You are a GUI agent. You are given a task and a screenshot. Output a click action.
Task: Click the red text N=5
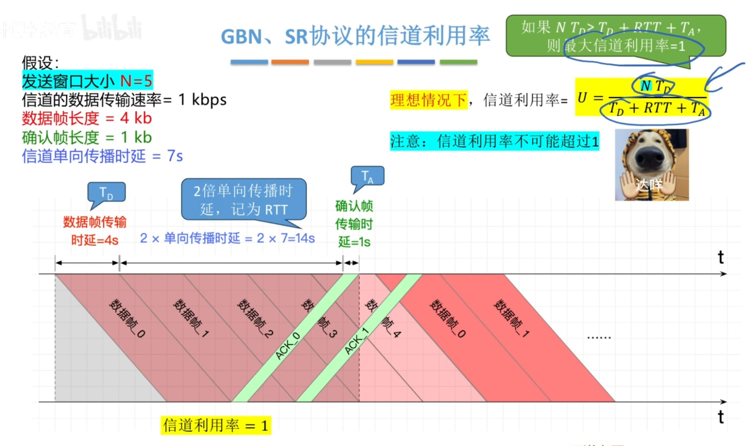136,81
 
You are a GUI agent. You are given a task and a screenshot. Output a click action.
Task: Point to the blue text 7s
175,156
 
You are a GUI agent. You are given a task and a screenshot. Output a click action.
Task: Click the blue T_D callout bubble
106,192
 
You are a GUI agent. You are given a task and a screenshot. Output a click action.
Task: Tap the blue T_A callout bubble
367,176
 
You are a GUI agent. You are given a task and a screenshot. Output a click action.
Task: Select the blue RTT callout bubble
243,200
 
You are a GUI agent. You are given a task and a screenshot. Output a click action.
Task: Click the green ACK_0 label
288,346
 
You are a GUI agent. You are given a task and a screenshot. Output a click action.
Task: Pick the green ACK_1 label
356,341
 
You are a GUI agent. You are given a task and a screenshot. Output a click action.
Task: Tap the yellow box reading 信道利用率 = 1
215,425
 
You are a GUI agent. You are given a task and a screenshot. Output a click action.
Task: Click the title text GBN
242,36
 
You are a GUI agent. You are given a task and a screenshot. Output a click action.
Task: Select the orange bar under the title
290,62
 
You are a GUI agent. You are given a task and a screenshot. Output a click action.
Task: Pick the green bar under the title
458,62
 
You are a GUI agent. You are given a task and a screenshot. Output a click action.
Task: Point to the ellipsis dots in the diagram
599,338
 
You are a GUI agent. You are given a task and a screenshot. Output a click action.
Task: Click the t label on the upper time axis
721,257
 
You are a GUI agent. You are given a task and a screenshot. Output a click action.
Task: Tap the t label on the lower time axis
721,417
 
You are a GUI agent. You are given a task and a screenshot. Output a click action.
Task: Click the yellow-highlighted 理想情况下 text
429,100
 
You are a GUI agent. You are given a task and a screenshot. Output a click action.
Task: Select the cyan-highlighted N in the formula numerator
645,86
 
